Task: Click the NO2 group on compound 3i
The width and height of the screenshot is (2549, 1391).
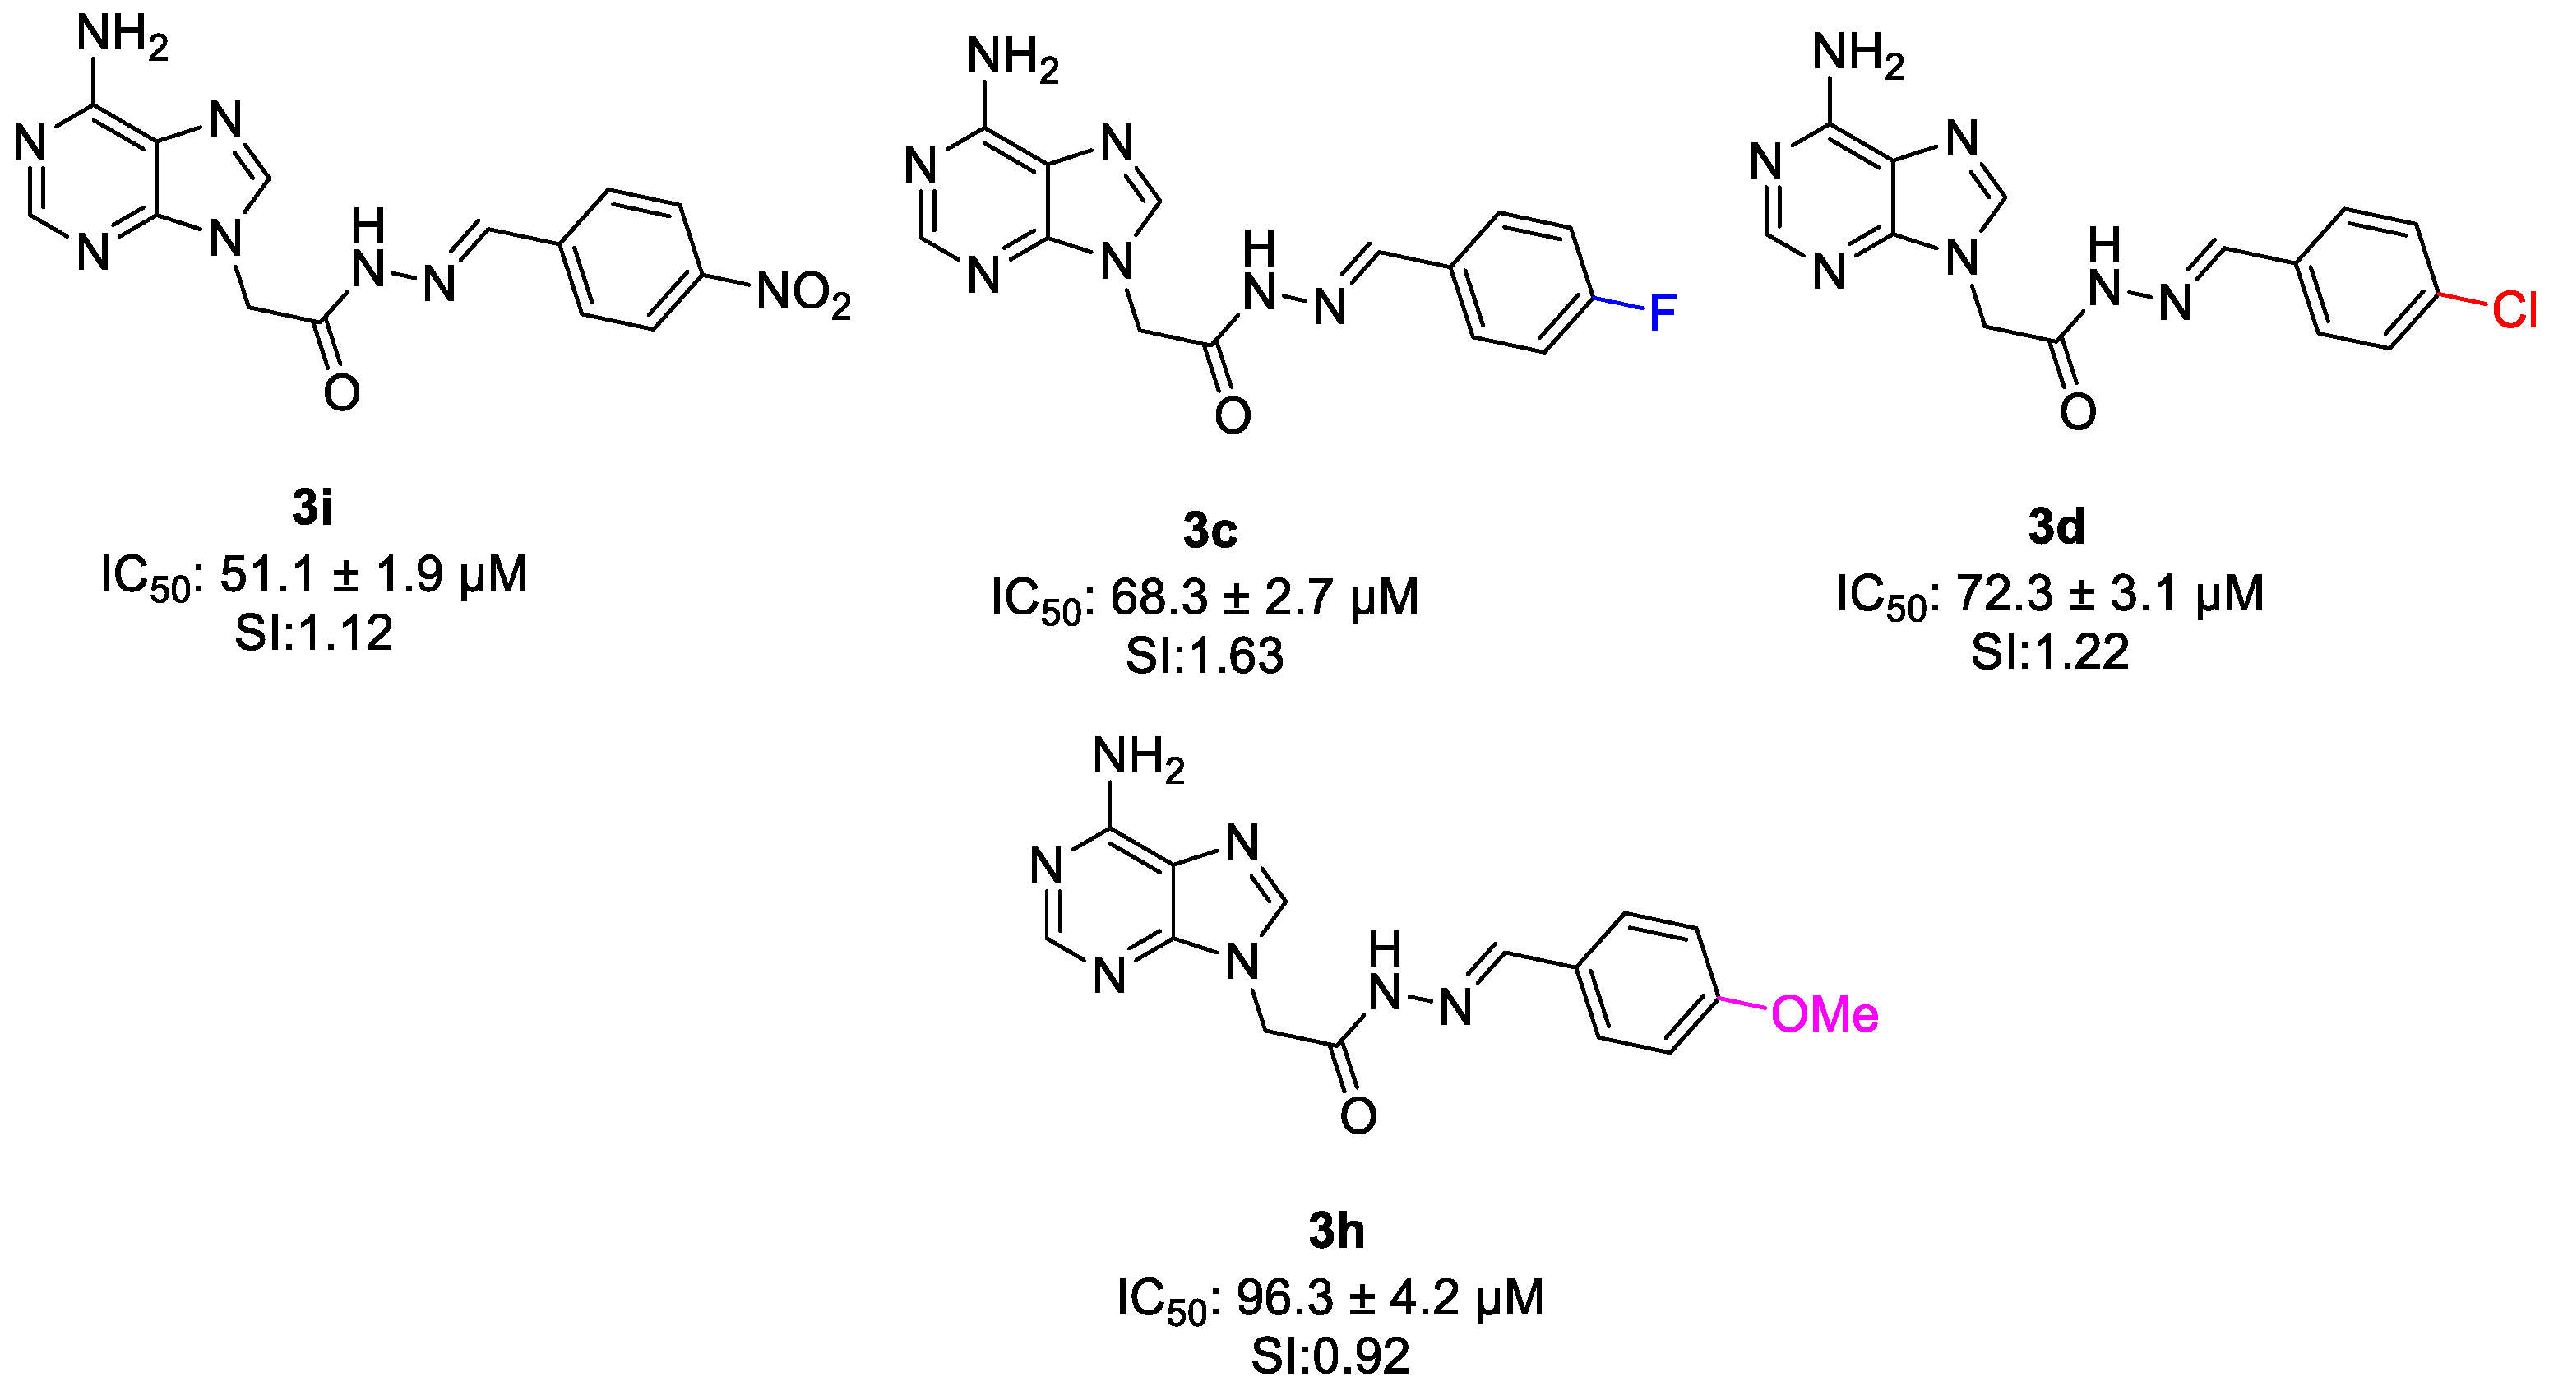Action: tap(803, 296)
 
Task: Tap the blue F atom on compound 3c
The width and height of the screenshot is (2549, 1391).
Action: tap(1662, 314)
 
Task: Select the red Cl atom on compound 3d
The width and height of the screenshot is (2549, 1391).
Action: tap(2514, 311)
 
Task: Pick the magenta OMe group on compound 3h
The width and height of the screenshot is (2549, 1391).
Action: tap(1824, 1015)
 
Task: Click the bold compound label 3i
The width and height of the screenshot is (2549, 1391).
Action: tap(312, 508)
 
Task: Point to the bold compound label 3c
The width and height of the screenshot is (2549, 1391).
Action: tap(1210, 531)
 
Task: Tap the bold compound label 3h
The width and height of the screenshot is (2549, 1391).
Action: tap(1336, 1231)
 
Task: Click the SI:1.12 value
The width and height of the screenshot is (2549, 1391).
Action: tap(313, 633)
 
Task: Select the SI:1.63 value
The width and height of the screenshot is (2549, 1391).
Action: tap(1205, 656)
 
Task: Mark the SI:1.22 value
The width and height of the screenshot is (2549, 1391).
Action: tap(2049, 651)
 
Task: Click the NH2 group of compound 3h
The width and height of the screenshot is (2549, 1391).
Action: tap(1138, 759)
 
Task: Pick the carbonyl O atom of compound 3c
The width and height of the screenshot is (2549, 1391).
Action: tap(1233, 415)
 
